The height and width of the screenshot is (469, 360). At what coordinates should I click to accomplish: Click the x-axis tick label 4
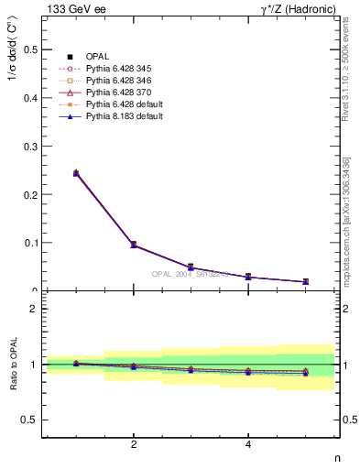click(248, 444)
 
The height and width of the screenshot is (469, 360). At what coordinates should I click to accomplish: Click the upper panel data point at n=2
click(134, 245)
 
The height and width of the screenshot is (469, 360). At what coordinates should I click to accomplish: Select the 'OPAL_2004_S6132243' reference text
click(191, 275)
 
